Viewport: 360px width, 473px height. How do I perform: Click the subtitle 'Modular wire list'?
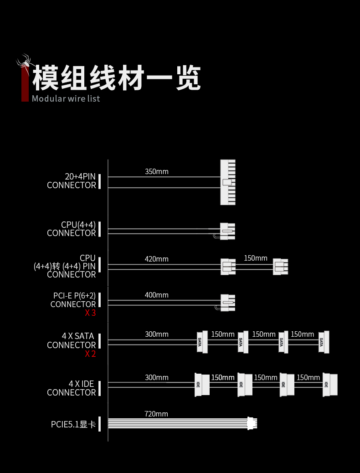[66, 98]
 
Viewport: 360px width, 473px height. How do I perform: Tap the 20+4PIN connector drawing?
[228, 182]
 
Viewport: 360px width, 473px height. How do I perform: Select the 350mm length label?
[156, 172]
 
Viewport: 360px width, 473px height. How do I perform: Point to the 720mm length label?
[156, 414]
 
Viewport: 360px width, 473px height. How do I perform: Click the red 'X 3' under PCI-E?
[90, 313]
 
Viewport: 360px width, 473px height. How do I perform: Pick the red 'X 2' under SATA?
[90, 354]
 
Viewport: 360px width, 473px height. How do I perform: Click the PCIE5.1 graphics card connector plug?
[252, 423]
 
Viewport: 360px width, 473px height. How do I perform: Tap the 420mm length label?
[156, 259]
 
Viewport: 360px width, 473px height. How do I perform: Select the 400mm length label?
[156, 295]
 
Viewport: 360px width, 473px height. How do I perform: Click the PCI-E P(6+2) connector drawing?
[227, 303]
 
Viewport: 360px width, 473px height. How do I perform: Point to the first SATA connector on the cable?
[202, 342]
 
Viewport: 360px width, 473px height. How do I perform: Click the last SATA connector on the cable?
[324, 342]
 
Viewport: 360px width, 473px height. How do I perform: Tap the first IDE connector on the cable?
[202, 385]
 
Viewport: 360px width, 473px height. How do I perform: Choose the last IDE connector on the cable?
[330, 385]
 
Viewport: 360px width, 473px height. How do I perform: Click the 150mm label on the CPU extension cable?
[255, 258]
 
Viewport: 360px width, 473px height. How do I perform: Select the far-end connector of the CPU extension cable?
[280, 267]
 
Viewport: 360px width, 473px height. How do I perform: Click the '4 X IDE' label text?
[81, 384]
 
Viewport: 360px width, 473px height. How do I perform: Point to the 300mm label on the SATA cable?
[156, 334]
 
